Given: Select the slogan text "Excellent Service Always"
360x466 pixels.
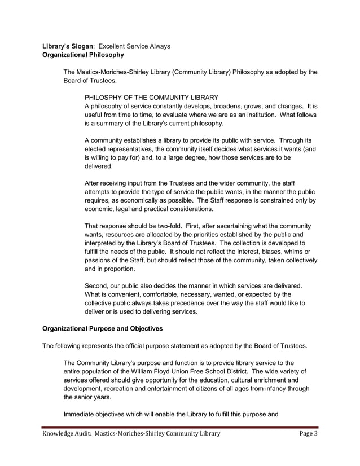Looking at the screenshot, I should tap(135, 46).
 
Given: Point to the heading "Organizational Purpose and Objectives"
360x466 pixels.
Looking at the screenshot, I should tap(103, 328).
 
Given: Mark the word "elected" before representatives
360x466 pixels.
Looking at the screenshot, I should tap(96, 150).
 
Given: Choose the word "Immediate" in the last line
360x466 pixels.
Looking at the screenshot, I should tap(82, 415).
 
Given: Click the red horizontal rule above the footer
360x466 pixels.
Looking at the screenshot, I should tap(181, 427).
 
